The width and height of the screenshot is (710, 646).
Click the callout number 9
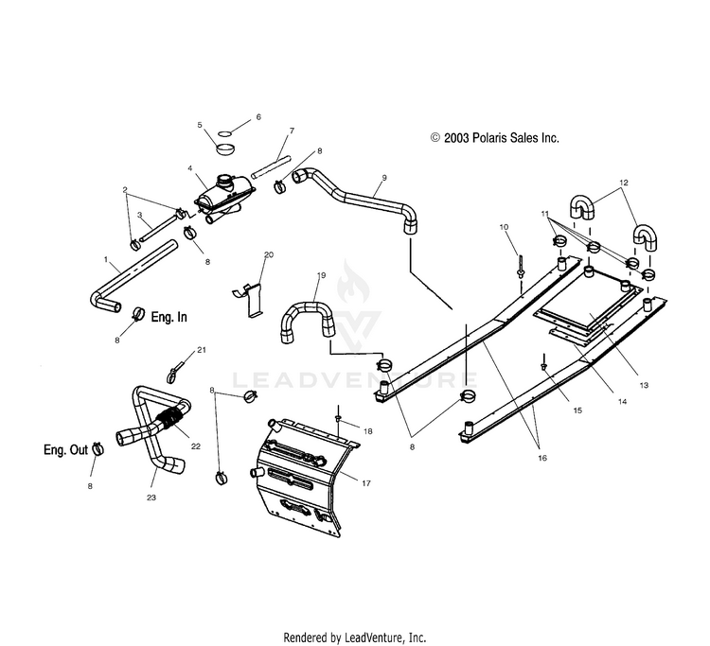tap(384, 178)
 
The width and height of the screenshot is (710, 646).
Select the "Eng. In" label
tap(169, 318)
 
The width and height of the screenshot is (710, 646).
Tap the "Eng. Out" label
tap(65, 451)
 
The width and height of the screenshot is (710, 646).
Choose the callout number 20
tap(268, 256)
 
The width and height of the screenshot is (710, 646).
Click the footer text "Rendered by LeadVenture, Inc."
tap(355, 637)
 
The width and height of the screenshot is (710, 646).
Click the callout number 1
tap(106, 257)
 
